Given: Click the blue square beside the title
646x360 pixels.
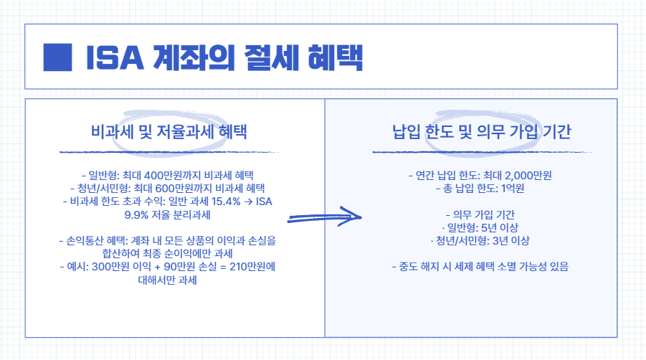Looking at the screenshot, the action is pos(58,57).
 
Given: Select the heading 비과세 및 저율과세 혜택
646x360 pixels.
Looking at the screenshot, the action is pos(168,132).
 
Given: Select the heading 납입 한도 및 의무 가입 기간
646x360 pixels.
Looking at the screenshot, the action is pos(472,132).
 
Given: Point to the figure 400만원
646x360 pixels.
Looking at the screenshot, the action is pos(164,175).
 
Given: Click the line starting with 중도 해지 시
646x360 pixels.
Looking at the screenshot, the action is pos(471,266).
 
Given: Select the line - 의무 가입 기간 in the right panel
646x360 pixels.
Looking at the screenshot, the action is pos(471,214).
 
